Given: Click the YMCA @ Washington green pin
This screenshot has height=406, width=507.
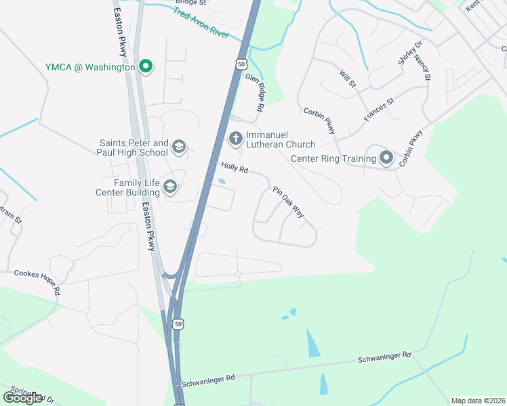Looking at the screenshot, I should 145,66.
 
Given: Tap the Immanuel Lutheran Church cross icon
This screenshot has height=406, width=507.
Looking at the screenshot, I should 236,138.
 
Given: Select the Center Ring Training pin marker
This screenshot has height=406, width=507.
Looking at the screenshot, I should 386,158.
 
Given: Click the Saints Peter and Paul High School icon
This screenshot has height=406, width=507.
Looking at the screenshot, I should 179,147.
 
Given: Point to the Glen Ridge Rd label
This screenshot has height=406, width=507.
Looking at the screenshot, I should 254,93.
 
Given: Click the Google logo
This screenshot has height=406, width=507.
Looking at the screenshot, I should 23,397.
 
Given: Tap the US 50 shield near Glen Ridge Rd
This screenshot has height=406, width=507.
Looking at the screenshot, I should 241,64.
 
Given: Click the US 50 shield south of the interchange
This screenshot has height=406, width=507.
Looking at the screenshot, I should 178,324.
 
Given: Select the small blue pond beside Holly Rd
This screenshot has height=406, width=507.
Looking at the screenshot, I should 222,181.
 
